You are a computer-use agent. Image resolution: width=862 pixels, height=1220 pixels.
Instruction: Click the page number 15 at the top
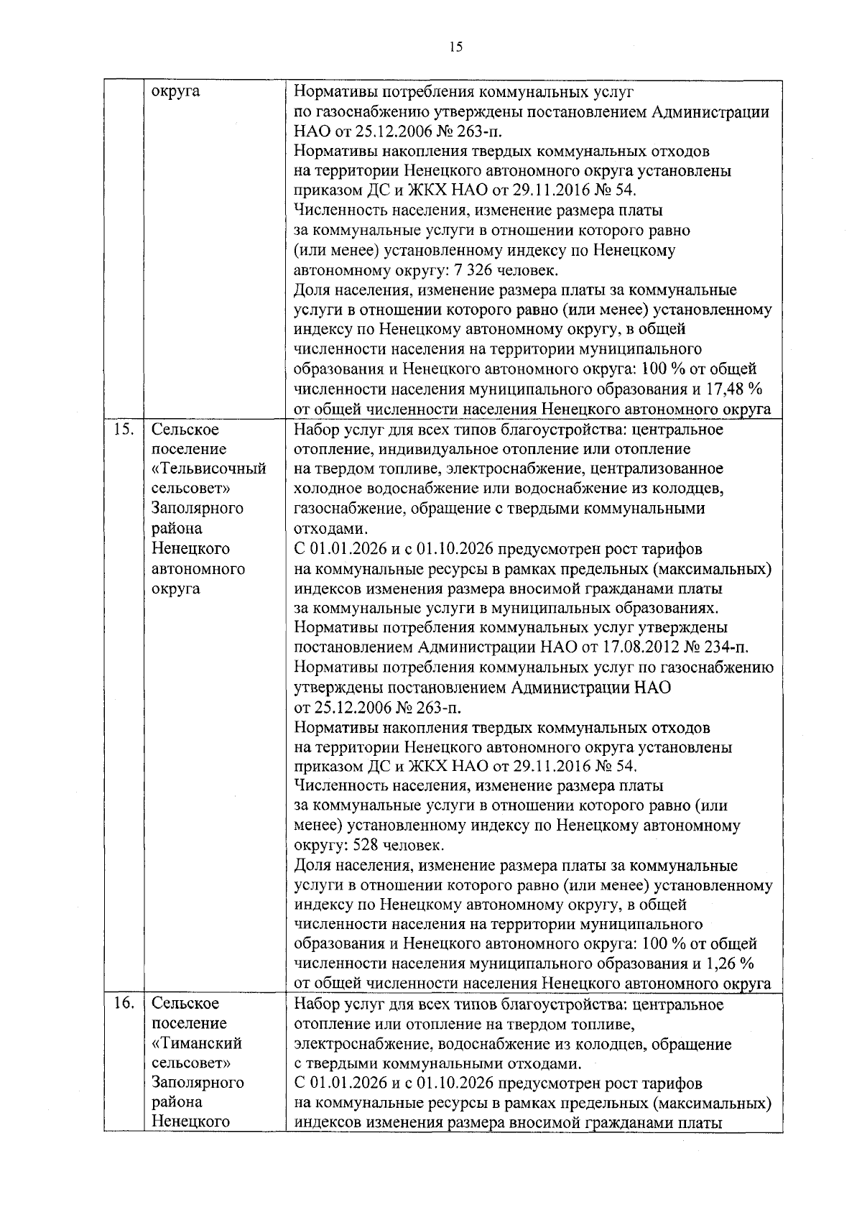tap(455, 47)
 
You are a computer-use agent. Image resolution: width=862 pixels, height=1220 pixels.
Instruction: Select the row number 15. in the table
tap(123, 430)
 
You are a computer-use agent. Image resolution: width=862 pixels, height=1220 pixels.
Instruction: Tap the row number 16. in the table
tap(123, 1003)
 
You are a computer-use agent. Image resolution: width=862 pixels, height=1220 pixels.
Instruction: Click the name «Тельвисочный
tap(209, 469)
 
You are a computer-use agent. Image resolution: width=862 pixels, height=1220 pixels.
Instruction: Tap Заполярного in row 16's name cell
tap(198, 1082)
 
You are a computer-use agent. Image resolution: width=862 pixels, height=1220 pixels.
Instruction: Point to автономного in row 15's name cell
tap(198, 569)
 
